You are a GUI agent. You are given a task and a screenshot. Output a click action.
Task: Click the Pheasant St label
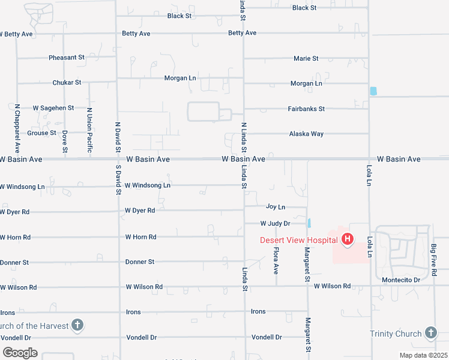point(67,58)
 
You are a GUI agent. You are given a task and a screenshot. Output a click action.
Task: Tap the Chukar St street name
point(67,82)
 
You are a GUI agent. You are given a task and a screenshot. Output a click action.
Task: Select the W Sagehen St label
point(53,108)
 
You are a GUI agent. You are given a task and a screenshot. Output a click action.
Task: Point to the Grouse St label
point(41,133)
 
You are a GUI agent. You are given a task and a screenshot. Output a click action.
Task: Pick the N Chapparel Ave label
point(17,127)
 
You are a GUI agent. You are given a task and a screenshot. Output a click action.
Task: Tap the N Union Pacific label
point(89,127)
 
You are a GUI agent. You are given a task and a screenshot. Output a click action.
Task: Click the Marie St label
point(306,59)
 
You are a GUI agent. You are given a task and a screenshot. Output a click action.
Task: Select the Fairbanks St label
point(306,109)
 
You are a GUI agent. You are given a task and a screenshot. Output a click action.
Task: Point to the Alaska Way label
point(306,134)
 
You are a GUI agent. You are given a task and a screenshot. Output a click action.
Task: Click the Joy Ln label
point(276,207)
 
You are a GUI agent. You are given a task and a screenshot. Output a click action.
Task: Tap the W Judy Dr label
point(275,223)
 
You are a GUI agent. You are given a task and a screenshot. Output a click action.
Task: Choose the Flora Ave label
point(276,261)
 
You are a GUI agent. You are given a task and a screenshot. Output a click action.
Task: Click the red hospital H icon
point(347,240)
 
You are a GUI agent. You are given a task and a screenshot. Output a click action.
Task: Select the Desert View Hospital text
point(297,240)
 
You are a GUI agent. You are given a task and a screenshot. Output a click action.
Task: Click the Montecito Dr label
point(400,280)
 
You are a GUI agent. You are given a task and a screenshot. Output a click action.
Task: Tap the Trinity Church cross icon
point(430,333)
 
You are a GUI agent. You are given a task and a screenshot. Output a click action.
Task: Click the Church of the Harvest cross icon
point(77,326)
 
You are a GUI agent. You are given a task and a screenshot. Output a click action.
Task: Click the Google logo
point(20,352)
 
